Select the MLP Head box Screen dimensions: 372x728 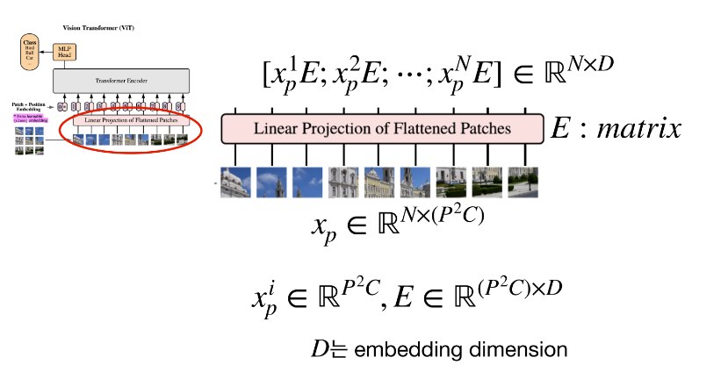point(64,52)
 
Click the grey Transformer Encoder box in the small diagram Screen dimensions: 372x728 point(121,81)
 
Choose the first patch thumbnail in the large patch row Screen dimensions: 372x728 point(236,181)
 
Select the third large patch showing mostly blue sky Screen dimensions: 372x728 point(307,181)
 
